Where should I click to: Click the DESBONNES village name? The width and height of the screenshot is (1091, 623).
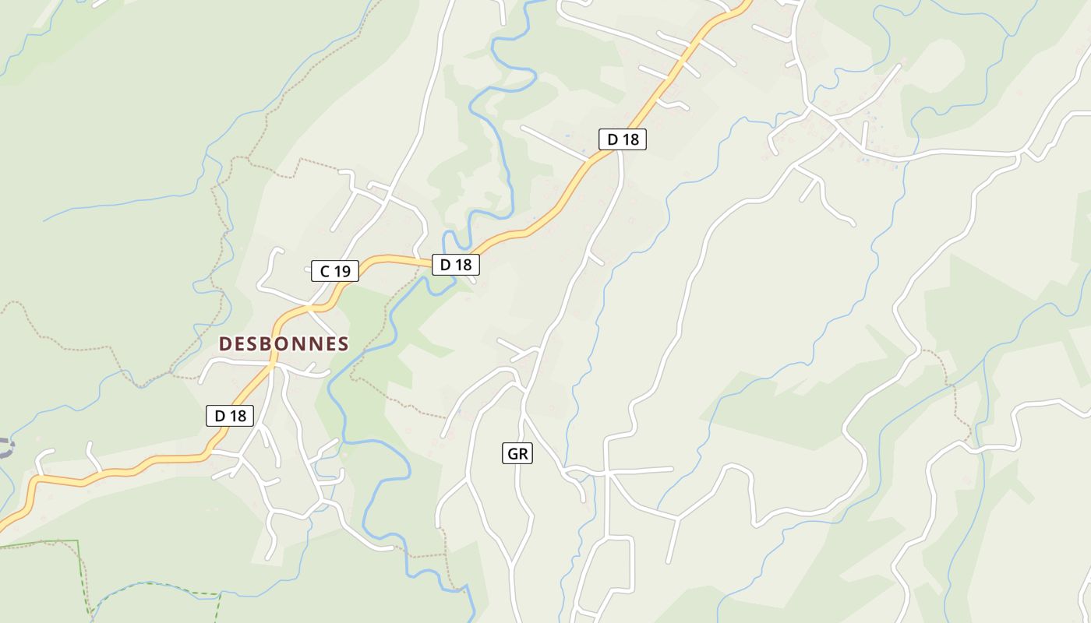click(x=284, y=343)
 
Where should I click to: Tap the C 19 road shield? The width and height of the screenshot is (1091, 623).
click(x=335, y=271)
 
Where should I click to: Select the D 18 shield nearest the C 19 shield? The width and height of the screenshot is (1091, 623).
click(x=456, y=265)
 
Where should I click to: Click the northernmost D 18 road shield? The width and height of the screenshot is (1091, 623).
click(x=623, y=139)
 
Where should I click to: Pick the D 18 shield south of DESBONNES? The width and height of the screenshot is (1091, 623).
click(x=230, y=416)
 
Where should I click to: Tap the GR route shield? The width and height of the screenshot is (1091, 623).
click(x=517, y=453)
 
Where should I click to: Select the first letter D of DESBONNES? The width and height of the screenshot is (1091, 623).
click(x=225, y=343)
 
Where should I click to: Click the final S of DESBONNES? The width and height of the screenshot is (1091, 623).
click(x=343, y=343)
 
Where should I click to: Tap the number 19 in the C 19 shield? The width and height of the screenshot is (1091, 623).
click(x=342, y=271)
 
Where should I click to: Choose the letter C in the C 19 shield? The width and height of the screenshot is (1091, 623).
click(x=325, y=271)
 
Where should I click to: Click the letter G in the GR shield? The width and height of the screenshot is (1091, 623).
click(x=512, y=453)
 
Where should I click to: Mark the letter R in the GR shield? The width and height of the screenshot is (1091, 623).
click(x=524, y=453)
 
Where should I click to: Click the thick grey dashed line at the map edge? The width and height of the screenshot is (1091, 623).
click(x=6, y=447)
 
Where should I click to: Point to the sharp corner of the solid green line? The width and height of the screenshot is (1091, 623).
click(x=79, y=540)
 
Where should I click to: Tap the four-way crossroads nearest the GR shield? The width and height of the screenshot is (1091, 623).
click(x=607, y=472)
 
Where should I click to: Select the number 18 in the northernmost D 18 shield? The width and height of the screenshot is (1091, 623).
click(x=630, y=139)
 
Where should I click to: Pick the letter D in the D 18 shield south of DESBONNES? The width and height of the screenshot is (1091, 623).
click(x=220, y=416)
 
